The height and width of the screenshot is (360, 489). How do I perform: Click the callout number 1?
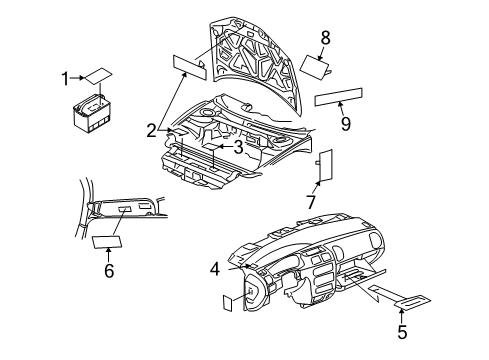point(65,77)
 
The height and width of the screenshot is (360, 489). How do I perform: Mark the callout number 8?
point(324,38)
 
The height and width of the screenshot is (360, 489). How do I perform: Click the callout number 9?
point(345,124)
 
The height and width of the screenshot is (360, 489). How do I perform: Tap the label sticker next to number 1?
point(98,76)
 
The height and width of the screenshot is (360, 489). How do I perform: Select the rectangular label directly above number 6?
point(107,241)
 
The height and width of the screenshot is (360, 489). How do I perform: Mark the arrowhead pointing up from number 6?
point(108,252)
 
